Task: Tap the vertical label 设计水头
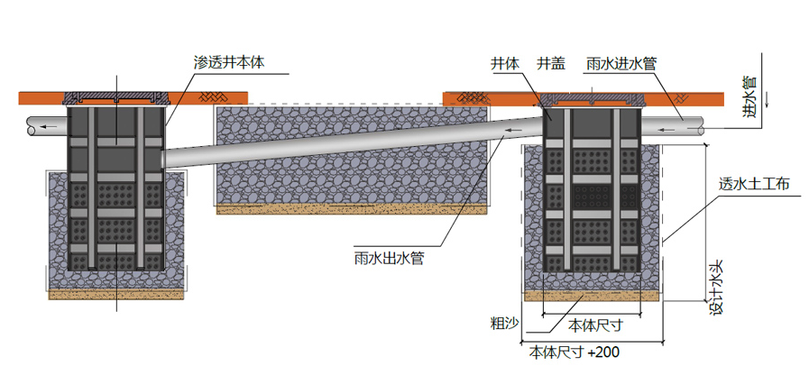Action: pos(717,288)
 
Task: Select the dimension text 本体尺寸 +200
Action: pos(574,352)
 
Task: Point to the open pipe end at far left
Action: pos(32,129)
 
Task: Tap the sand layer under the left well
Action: pos(116,294)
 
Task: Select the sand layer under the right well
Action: pos(592,295)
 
